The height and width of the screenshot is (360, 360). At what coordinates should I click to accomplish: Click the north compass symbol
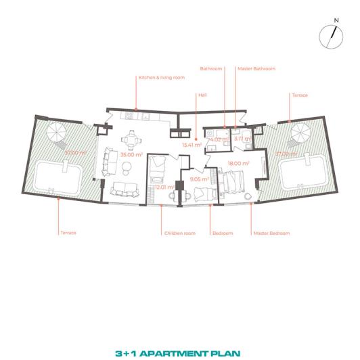point(330,35)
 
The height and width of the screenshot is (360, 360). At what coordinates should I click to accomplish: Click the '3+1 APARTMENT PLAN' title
point(180,334)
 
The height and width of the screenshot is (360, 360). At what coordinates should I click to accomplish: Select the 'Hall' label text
point(202,95)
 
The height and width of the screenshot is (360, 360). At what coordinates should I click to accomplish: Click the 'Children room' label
point(179,233)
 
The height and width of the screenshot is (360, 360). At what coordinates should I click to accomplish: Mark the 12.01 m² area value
point(164,187)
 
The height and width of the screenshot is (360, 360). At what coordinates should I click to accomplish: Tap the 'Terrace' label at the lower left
point(68,233)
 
